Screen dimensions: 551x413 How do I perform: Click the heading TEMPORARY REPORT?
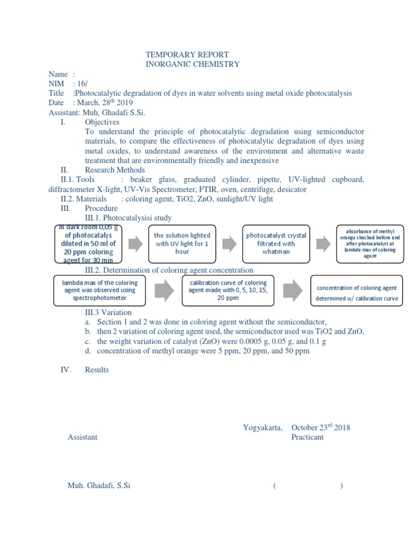187,55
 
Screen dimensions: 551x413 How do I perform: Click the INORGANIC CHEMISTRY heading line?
193,65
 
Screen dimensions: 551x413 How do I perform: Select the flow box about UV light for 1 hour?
182,243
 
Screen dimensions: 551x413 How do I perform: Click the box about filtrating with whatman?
276,243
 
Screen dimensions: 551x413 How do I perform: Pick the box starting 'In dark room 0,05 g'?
89,244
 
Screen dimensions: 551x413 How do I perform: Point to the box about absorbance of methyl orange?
369,244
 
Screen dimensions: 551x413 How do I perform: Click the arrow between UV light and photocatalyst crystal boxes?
230,244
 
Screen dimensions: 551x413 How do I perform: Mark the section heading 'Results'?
97,370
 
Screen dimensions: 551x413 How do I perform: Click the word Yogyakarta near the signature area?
262,428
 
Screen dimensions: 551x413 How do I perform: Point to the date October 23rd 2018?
321,428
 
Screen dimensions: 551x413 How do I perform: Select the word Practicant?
308,437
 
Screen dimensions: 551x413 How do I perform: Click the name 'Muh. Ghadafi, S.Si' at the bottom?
99,485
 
